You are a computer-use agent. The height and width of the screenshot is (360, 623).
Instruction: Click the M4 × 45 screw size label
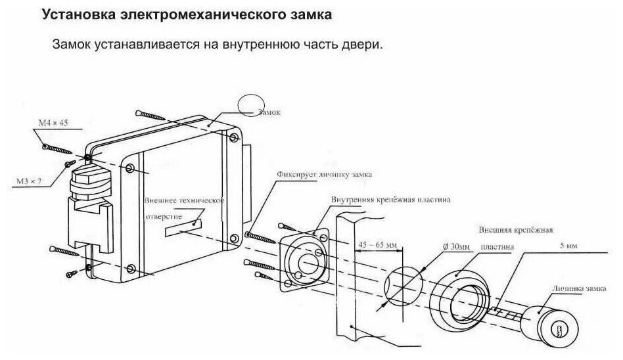[x=53, y=124]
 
